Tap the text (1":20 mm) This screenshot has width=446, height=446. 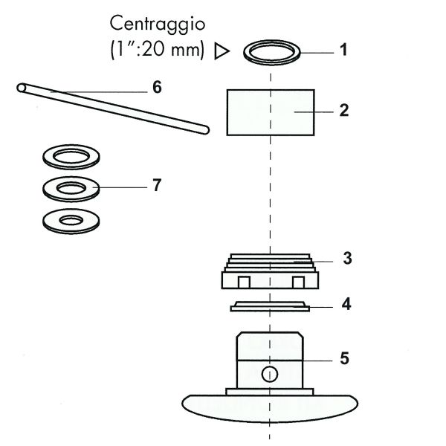click(154, 51)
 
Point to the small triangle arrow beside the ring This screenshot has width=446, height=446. click(220, 52)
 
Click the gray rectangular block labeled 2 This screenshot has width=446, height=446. click(269, 111)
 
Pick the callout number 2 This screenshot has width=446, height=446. click(343, 110)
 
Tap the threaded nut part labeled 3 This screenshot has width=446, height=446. click(271, 272)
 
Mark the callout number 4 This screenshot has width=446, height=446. click(346, 304)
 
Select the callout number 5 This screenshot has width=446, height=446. click(344, 358)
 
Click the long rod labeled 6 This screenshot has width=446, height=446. click(111, 108)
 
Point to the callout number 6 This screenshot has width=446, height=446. click(157, 88)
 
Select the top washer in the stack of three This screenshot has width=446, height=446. click(73, 157)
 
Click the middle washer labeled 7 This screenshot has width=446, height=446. click(73, 187)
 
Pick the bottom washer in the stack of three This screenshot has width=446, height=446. click(73, 220)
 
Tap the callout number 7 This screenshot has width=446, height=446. click(157, 185)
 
